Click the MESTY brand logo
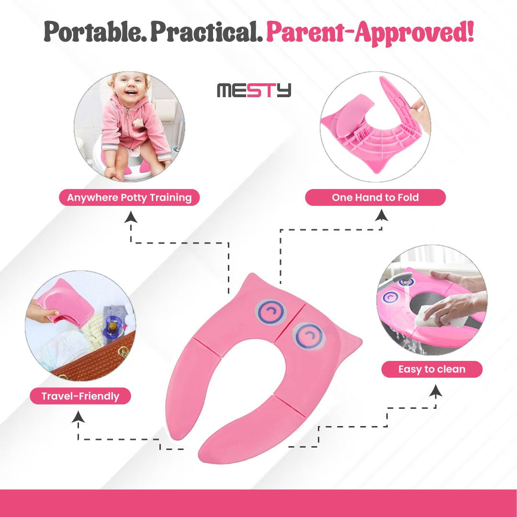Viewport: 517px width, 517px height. coord(254,90)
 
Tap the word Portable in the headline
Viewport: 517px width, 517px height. coord(95,32)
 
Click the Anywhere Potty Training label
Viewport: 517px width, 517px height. coord(129,198)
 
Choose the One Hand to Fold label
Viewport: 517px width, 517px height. coord(375,198)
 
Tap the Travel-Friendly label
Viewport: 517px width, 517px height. coord(80,396)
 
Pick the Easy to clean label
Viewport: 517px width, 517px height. coord(432,369)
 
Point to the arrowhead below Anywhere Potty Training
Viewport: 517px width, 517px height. coord(131,217)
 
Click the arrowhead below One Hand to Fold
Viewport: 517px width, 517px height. coord(382,215)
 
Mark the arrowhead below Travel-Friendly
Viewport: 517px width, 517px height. coord(78,416)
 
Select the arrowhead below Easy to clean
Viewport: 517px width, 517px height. coord(436,390)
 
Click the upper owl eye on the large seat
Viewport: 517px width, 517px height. coord(270,312)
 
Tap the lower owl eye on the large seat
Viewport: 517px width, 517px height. coord(309,337)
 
